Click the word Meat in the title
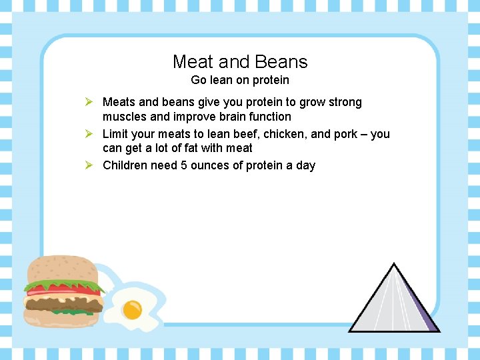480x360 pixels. pos(193,62)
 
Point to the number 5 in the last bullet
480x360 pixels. pos(184,165)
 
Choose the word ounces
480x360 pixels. pos(211,165)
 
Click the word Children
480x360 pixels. pos(125,165)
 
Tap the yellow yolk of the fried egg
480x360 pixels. pos(132,309)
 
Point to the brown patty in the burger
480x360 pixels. pos(63,304)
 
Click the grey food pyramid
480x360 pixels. pos(393,300)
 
